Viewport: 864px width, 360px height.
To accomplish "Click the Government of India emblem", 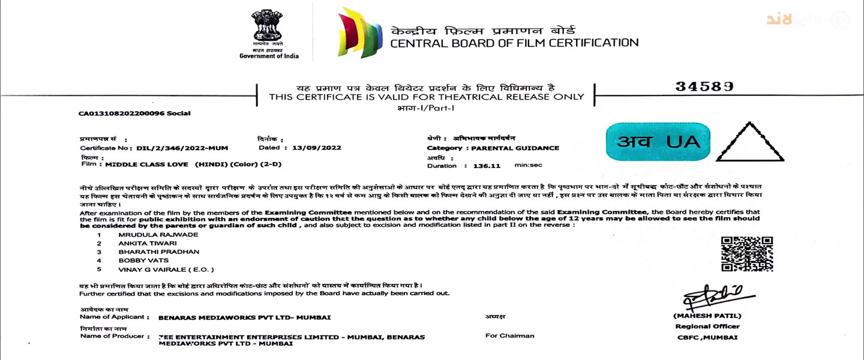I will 267,26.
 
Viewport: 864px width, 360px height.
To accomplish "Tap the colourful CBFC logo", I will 359,33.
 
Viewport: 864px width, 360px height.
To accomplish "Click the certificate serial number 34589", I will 704,86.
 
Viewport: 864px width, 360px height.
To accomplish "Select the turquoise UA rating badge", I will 658,142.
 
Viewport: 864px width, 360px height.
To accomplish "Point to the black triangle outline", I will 750,144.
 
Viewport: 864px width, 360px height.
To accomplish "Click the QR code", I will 746,254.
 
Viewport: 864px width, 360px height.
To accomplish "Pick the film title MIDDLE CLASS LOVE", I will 146,164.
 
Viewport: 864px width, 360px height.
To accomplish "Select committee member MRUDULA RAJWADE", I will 158,235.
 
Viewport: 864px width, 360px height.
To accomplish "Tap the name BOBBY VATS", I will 143,260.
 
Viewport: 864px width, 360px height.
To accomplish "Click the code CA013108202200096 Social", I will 134,113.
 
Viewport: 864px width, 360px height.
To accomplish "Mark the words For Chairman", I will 509,335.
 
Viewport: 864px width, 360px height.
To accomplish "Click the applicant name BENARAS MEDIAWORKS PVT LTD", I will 244,317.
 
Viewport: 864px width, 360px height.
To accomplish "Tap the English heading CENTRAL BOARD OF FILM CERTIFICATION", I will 514,43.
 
